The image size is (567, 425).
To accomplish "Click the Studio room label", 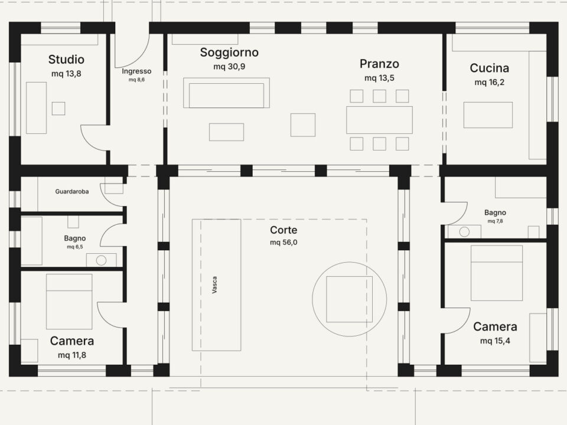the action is click(x=66, y=59).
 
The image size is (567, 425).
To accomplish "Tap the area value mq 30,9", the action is click(x=229, y=67).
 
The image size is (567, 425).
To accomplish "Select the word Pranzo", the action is click(x=379, y=64).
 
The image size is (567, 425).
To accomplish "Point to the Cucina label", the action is click(x=489, y=68).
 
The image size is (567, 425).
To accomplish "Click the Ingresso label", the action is click(x=136, y=71).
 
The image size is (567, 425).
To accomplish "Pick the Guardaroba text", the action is click(x=72, y=191).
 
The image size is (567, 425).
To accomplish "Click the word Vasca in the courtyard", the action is click(x=214, y=285).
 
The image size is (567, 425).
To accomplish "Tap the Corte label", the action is click(x=283, y=230).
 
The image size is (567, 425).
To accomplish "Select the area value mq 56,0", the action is click(x=283, y=243).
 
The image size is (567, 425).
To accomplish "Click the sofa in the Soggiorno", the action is click(x=226, y=93).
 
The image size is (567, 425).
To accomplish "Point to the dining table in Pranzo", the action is click(x=379, y=120).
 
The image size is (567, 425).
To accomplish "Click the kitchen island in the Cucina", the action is click(x=488, y=115).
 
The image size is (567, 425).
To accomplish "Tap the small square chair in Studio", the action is click(x=58, y=109).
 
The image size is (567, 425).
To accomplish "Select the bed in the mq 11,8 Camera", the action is click(x=69, y=302).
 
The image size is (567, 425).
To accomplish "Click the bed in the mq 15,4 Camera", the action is click(x=497, y=273).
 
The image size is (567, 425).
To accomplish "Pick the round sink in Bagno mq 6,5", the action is click(x=101, y=260).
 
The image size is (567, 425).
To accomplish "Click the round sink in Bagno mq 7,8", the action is click(x=464, y=231).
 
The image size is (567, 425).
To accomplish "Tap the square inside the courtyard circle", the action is click(x=349, y=299).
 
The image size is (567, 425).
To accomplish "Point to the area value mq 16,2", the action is click(x=489, y=83).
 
